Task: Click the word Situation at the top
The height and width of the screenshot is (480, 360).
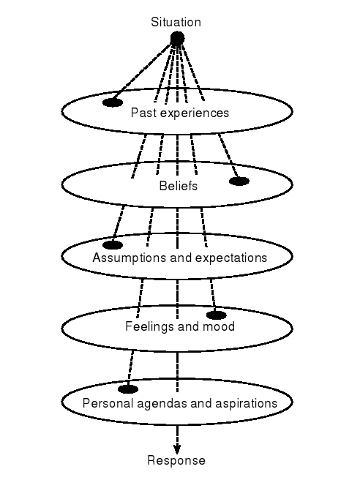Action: [176, 22]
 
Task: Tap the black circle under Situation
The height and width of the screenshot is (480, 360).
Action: [177, 38]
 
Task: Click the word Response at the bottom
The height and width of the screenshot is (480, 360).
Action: [176, 460]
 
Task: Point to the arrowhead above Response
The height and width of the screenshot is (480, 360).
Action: [177, 448]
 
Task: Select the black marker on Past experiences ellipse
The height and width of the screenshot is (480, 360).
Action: [113, 102]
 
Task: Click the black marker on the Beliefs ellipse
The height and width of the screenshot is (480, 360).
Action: [239, 181]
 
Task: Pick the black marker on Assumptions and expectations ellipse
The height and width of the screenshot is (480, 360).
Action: [113, 244]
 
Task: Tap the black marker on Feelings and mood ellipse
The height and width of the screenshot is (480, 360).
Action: [217, 315]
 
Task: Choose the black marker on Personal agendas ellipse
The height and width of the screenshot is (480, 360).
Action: [128, 389]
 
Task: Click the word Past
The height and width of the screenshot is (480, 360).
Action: [142, 113]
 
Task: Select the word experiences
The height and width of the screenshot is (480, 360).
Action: [192, 113]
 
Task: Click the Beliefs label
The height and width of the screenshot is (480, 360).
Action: [179, 186]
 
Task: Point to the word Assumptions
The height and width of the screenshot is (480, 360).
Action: [124, 258]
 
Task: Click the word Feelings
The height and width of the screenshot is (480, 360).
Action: [146, 326]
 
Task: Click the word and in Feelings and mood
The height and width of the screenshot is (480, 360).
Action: [187, 326]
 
